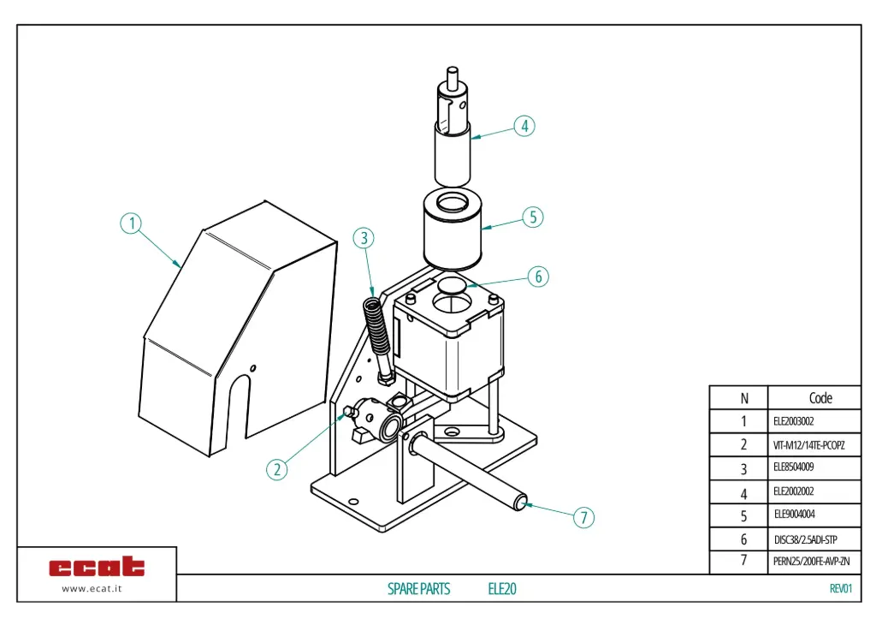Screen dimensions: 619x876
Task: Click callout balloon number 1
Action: coord(130,223)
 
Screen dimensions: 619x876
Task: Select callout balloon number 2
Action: coord(275,469)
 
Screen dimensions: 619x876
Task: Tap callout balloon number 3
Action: coord(364,237)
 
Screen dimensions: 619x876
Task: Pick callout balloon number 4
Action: coord(524,126)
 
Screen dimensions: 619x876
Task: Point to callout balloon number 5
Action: coord(532,217)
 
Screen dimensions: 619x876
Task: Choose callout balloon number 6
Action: coord(537,277)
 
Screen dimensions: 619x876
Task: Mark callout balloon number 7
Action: coord(583,517)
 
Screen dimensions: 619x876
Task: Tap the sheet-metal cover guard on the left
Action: coord(231,334)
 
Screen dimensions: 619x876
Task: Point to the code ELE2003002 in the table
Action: coord(793,421)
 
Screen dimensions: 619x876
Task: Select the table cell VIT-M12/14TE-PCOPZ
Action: coord(808,445)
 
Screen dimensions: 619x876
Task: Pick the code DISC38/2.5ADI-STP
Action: coord(805,539)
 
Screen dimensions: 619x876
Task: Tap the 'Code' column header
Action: coord(820,398)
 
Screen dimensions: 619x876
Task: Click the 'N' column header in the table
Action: coord(743,398)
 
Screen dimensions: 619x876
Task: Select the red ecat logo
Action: coord(97,567)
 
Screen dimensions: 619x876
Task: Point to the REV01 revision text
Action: coord(840,588)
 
